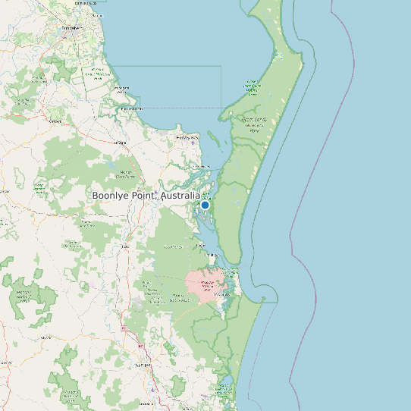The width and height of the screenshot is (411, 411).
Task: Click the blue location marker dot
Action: tap(205, 205)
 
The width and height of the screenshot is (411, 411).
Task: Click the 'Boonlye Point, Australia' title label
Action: tap(146, 196)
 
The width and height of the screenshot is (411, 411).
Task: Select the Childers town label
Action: tap(55, 121)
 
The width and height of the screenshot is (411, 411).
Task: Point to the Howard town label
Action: tap(120, 143)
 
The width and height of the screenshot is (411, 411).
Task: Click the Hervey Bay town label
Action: tap(185, 137)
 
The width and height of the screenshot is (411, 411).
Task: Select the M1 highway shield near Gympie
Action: tap(141, 347)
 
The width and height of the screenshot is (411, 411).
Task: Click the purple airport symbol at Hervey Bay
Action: tap(193, 143)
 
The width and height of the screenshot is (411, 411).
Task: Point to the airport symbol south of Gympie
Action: tap(153, 390)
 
